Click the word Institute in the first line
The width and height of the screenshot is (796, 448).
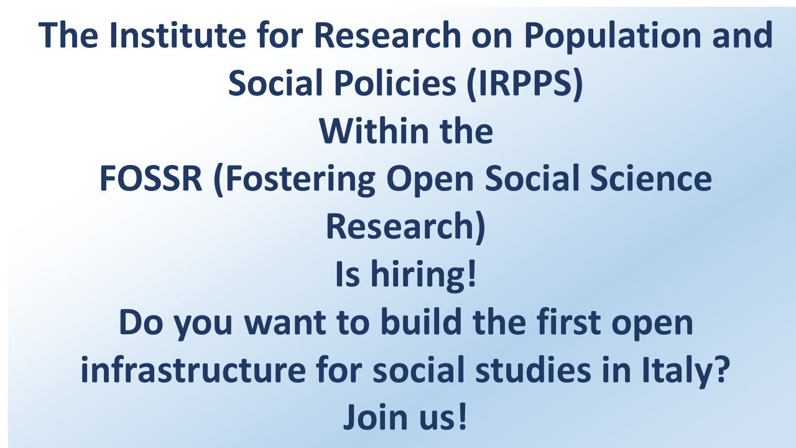pos(178,34)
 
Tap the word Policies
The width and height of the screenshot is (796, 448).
pos(395,83)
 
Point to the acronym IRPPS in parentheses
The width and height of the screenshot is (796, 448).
pos(525,83)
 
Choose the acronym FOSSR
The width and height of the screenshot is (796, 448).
pos(150,178)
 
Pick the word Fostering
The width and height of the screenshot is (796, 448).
pos(300,180)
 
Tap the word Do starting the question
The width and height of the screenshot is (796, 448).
pos(141,322)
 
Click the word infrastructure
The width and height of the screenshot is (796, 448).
pos(193,369)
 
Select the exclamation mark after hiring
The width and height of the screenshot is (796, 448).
pos(472,273)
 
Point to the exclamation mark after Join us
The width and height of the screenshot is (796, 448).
pos(462,416)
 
